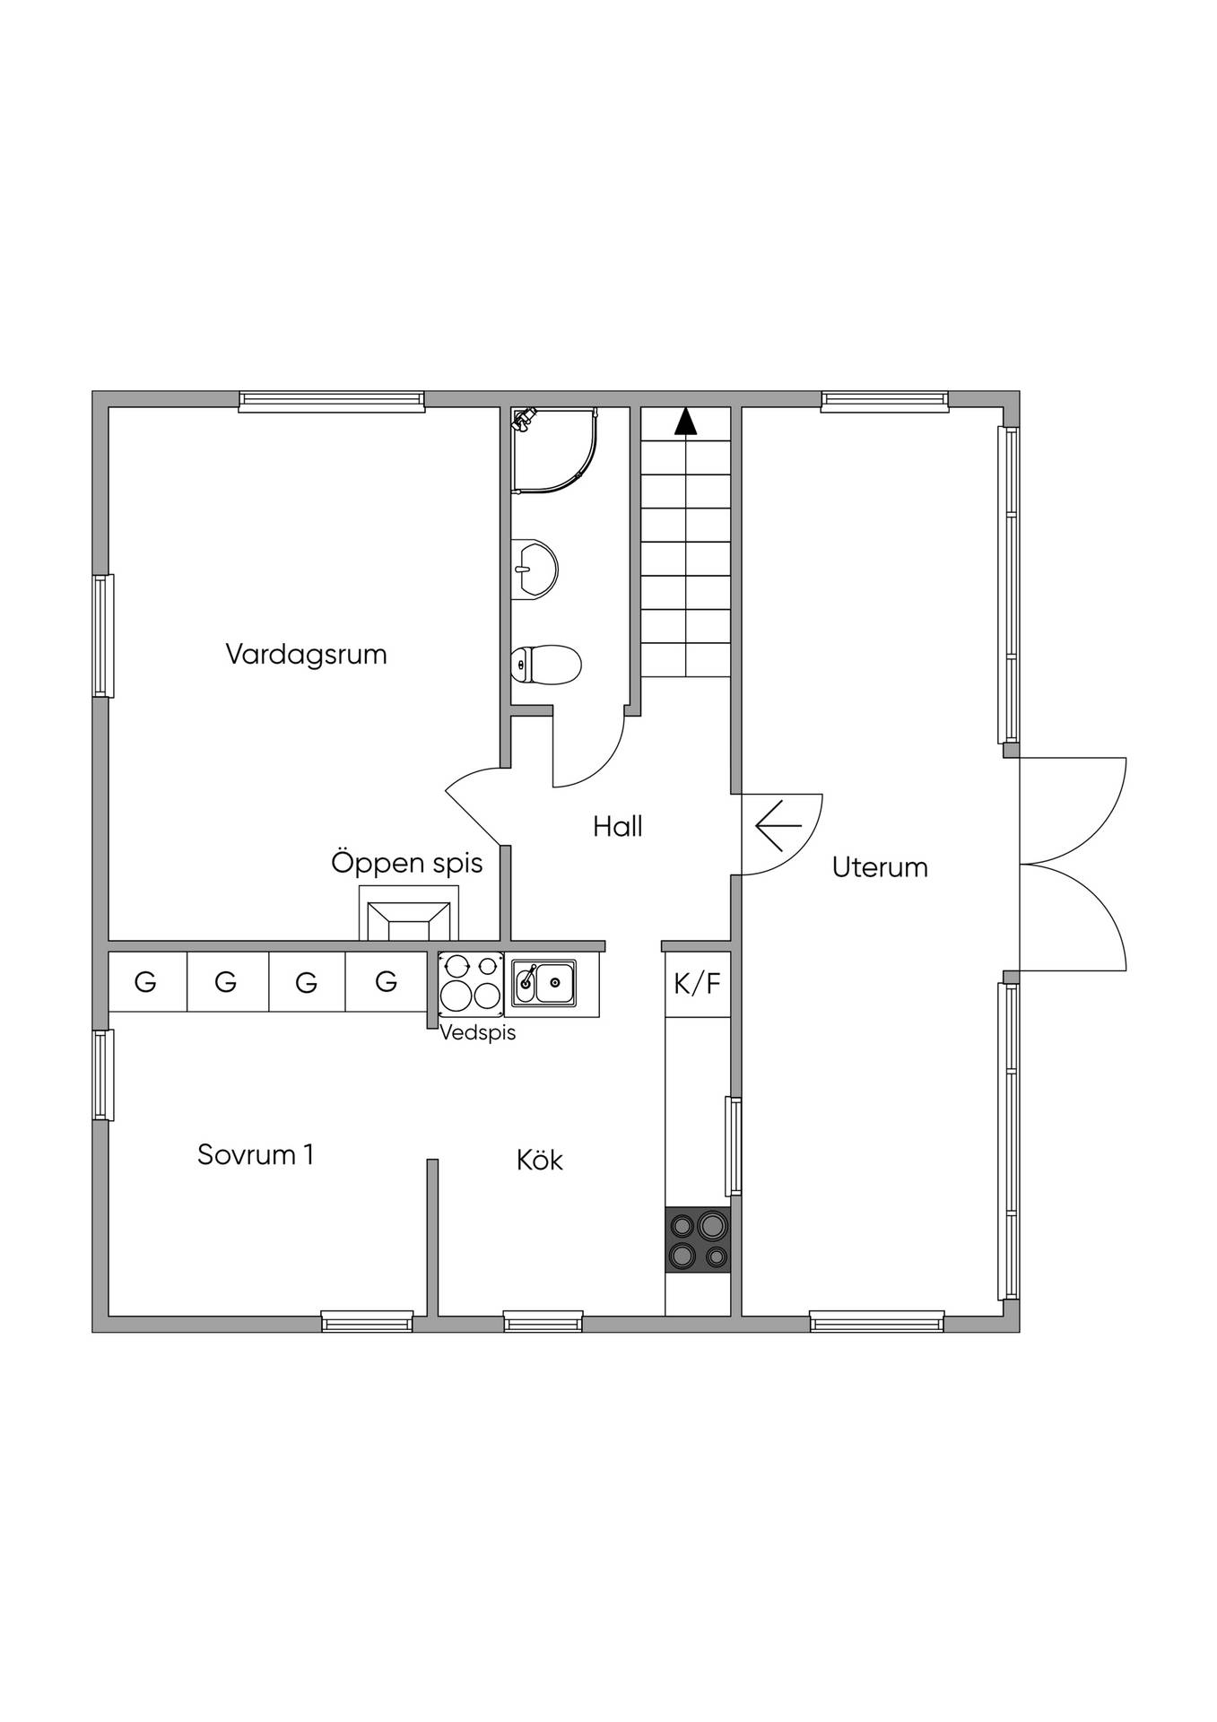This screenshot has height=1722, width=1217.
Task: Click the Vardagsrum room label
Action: click(306, 655)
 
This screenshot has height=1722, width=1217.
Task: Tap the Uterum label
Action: click(880, 867)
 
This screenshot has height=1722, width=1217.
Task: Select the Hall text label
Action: click(618, 826)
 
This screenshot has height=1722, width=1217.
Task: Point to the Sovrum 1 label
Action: click(256, 1154)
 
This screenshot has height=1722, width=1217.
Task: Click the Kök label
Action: click(540, 1160)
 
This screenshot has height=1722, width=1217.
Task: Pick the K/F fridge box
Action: click(698, 984)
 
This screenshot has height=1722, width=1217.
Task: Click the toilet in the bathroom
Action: click(546, 665)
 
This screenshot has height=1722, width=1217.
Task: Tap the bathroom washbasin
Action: click(535, 569)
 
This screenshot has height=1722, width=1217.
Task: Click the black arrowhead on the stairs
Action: click(686, 421)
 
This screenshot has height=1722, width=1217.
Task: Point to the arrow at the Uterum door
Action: click(778, 825)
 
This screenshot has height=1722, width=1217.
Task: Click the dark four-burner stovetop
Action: click(698, 1239)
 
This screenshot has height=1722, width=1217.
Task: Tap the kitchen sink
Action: click(543, 982)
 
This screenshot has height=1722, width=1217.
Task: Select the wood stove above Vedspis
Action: click(471, 983)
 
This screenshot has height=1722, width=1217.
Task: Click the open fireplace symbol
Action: click(409, 914)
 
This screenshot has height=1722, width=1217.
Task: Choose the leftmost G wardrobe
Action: click(145, 982)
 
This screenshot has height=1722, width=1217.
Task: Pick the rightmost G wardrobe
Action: click(387, 982)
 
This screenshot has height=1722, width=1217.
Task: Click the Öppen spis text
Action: click(407, 862)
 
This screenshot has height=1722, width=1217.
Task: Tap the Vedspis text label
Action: click(478, 1032)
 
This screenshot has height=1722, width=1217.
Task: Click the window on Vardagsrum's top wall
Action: click(332, 401)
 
